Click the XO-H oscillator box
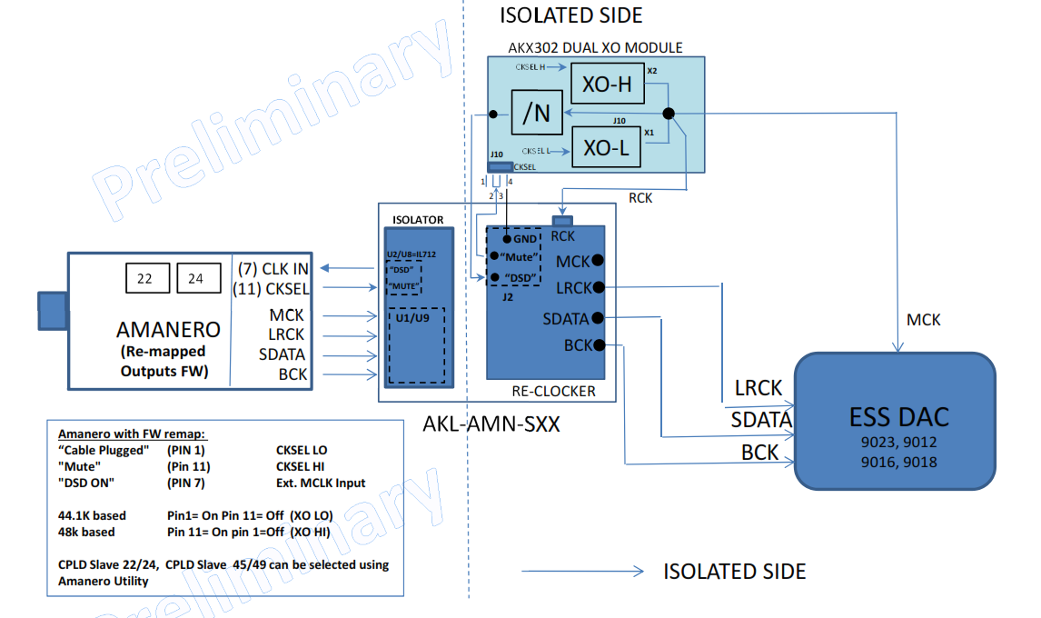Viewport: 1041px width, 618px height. [x=607, y=85]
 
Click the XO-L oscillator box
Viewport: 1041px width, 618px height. [x=606, y=146]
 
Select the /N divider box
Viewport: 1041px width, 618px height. [x=537, y=113]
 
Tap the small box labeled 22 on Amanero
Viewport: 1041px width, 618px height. [x=145, y=279]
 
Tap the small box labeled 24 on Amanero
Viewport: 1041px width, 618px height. [x=196, y=279]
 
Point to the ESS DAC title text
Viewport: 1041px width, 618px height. [x=899, y=417]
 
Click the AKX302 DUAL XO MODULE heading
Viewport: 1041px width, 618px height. [x=596, y=47]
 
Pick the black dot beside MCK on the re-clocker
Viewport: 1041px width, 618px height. [x=598, y=261]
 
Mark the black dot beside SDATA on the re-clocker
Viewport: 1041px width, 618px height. [x=597, y=318]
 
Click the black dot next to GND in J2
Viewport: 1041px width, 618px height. [x=496, y=238]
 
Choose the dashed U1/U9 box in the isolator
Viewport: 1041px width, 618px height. [x=416, y=345]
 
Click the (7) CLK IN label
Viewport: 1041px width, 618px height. [x=272, y=268]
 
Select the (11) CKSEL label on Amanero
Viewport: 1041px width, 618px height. [x=272, y=289]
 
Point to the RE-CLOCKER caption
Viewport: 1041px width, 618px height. [x=554, y=392]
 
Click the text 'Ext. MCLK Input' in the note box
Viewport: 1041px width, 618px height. [x=321, y=483]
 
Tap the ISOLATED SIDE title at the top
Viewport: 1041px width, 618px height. [x=570, y=15]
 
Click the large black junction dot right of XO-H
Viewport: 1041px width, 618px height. [x=669, y=113]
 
